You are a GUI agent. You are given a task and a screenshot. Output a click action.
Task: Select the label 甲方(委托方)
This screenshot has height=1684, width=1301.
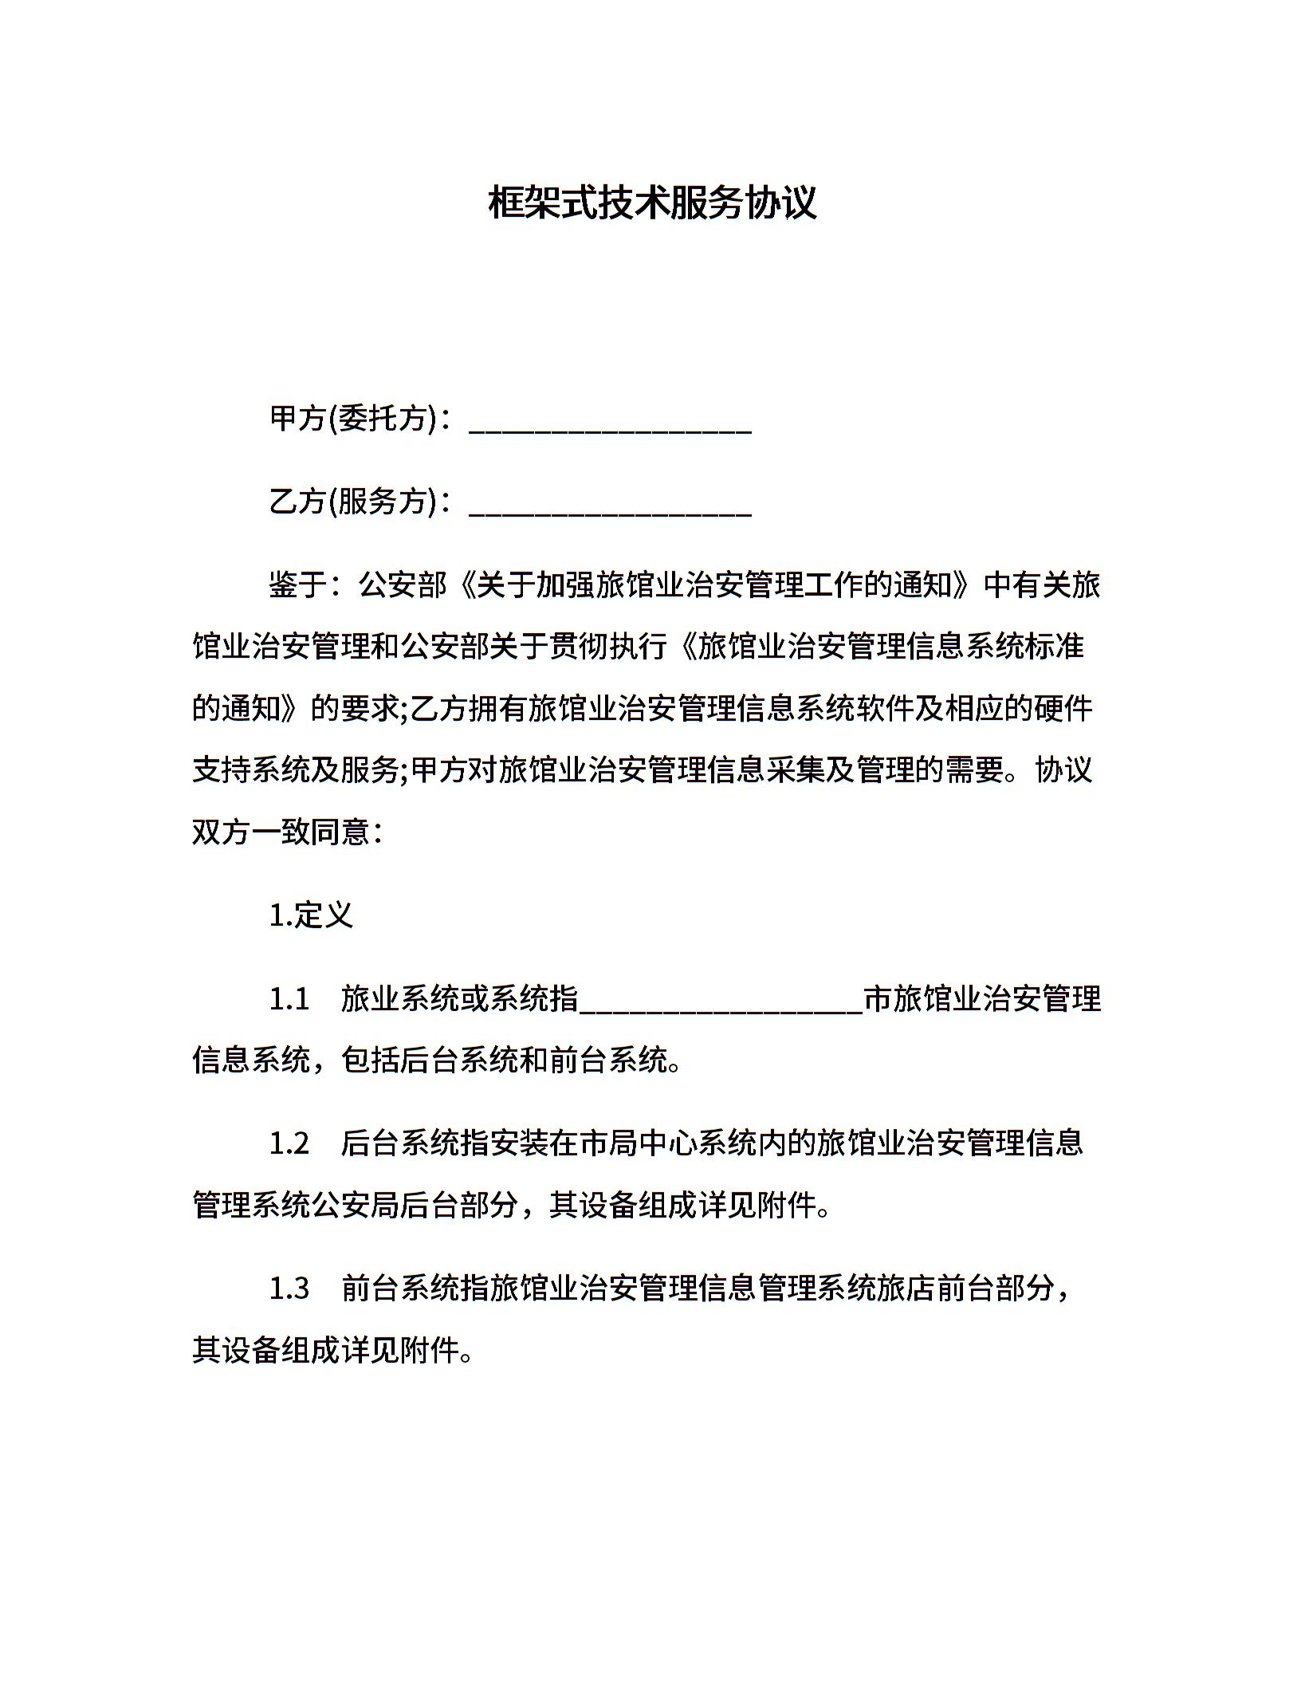(x=353, y=418)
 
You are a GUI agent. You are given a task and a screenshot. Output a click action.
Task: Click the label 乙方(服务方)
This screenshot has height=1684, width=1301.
(x=353, y=501)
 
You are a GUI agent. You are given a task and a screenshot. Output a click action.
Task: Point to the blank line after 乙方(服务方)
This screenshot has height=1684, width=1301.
(x=610, y=510)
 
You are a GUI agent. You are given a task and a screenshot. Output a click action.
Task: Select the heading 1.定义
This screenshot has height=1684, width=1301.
(x=311, y=915)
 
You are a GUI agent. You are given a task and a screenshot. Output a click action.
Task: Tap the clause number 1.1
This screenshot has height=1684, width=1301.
(x=289, y=998)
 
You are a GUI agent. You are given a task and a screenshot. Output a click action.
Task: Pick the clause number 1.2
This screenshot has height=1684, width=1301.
(x=289, y=1143)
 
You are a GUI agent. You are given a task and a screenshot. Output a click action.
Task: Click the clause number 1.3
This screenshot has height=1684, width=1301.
(x=289, y=1289)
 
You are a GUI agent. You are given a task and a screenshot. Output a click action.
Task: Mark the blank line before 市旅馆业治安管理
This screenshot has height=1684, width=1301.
(x=721, y=1006)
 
